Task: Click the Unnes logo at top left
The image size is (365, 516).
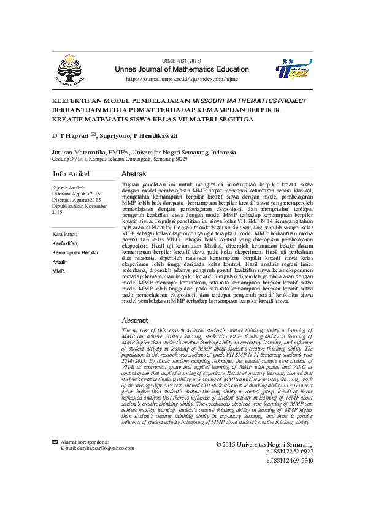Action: [70, 69]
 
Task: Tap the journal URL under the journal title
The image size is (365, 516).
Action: [181, 80]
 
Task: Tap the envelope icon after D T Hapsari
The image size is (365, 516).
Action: [93, 134]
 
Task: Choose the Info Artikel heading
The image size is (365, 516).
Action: [71, 175]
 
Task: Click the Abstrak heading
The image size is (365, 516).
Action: [134, 175]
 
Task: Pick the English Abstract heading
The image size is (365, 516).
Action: [134, 321]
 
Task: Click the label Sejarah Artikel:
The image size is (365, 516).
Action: [68, 188]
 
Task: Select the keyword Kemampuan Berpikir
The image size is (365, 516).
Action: [75, 252]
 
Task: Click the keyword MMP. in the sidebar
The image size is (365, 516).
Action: [58, 270]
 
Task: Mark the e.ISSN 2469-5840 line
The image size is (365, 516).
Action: [290, 460]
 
